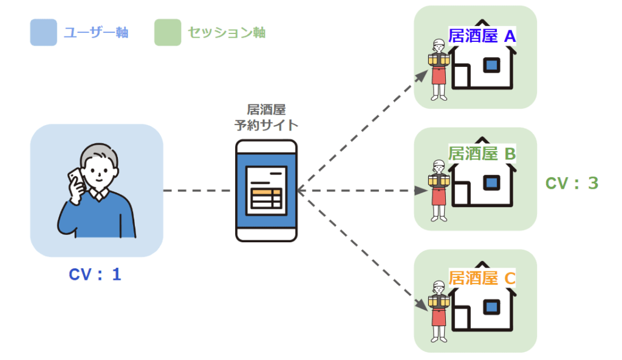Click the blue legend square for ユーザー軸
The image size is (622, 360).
point(43,32)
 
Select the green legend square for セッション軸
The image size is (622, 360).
point(168,32)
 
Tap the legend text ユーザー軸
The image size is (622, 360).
point(96,32)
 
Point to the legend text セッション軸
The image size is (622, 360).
point(227,32)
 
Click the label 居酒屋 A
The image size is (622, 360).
point(482,36)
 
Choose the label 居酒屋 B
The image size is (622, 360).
point(482,154)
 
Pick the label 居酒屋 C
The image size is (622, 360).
point(482,279)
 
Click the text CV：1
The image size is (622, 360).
point(95,274)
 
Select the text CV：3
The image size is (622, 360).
point(572,183)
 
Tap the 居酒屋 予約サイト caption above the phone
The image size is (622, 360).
point(267,118)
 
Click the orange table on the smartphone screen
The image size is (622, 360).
point(267,197)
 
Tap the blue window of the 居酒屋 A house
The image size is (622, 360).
point(491,65)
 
